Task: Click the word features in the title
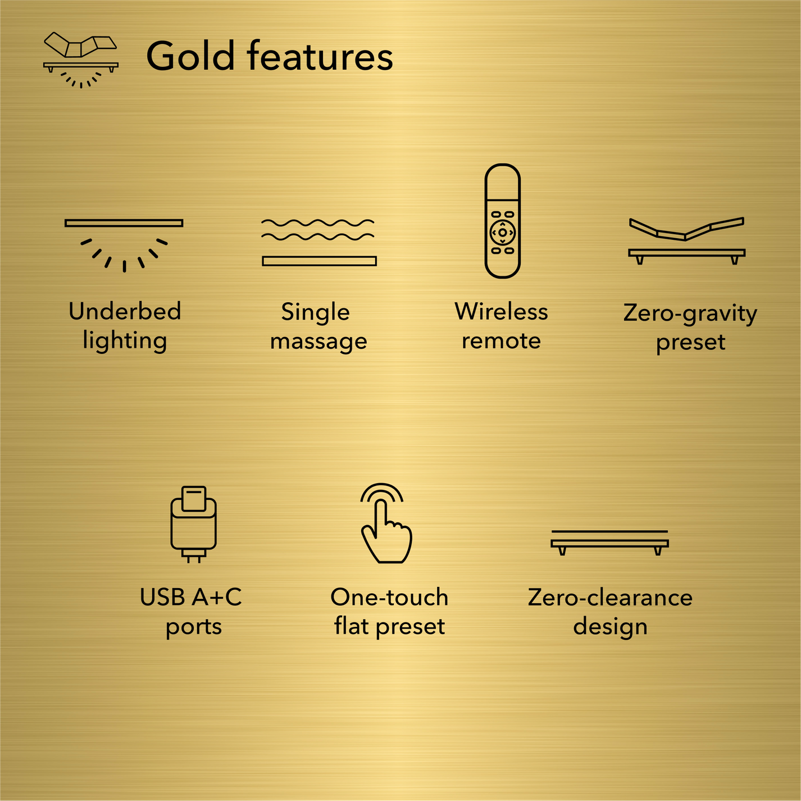320,56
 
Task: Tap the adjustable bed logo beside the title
81,60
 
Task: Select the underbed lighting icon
124,245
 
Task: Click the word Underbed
125,311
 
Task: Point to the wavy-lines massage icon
318,242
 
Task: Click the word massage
318,341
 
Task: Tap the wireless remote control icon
502,221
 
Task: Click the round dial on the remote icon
502,233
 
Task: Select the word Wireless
501,311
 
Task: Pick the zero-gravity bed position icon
686,240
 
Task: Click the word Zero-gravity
690,313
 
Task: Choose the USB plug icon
194,524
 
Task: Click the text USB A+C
191,597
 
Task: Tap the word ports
194,626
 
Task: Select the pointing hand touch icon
386,524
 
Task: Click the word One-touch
389,597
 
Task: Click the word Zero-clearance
610,597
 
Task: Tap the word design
610,626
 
